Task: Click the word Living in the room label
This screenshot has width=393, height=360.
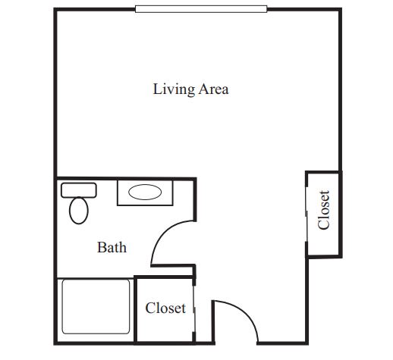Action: point(174,89)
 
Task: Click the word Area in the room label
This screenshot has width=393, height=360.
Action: point(213,89)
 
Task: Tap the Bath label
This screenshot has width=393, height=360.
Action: point(112,247)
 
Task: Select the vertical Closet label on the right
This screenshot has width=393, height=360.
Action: point(324,210)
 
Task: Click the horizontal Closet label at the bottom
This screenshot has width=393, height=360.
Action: point(165,308)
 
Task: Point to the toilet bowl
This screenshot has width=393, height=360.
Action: point(79,211)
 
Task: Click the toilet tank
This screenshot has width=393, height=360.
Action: point(79,190)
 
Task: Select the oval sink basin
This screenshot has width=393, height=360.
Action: point(145,193)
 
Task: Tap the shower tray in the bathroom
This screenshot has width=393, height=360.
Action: point(96,306)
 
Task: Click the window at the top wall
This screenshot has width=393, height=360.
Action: point(201,9)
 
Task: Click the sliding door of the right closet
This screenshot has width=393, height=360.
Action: point(307,214)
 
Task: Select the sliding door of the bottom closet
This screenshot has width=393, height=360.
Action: point(194,309)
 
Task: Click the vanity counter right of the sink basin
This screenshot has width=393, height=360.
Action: point(168,193)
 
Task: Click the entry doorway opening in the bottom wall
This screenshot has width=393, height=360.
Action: point(236,343)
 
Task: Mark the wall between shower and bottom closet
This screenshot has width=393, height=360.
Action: point(135,310)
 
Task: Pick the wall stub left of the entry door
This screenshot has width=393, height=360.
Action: point(213,322)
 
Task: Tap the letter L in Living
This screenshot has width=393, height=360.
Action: point(156,89)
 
